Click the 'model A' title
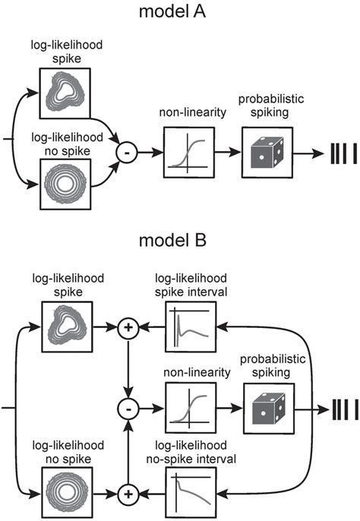pos(180,13)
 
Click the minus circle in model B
pos(125,406)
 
